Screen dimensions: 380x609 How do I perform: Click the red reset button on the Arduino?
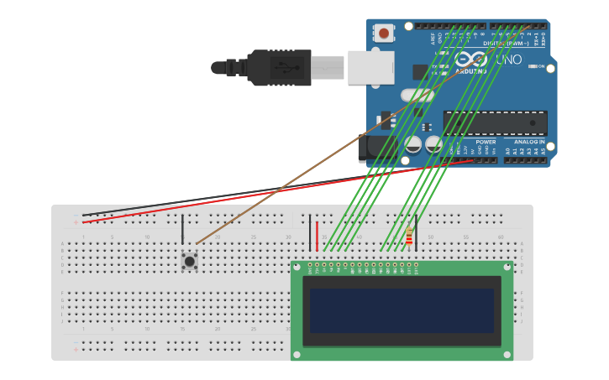coord(384,34)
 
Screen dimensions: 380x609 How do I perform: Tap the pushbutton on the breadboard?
coord(190,261)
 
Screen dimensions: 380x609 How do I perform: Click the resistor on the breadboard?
coord(409,237)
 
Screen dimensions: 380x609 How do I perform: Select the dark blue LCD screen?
coord(402,310)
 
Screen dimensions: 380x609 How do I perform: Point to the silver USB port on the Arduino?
coord(370,67)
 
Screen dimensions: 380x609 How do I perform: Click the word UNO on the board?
coord(509,60)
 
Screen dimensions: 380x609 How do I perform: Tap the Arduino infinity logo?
coord(471,60)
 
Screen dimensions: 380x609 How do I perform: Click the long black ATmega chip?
coord(495,123)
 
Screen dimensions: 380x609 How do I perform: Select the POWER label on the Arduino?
coord(486,142)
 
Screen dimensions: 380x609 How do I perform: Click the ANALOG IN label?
coord(529,142)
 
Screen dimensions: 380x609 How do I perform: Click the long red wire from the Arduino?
coord(277,192)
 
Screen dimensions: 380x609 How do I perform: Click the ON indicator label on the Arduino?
coord(541,66)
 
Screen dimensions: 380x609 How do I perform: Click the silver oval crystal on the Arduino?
coord(417,95)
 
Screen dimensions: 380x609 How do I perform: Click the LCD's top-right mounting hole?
coord(507,268)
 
